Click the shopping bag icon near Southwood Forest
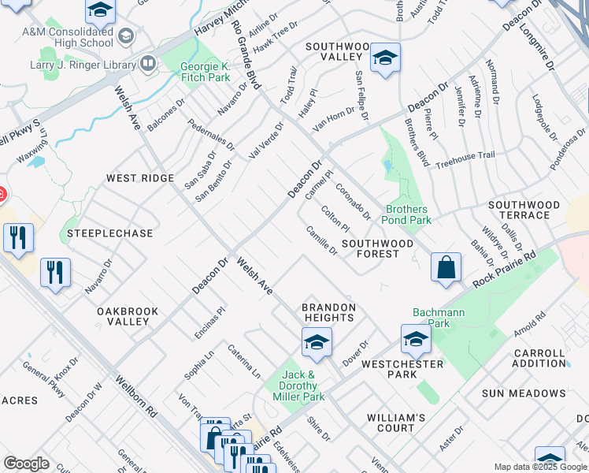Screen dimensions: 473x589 tap(446, 267)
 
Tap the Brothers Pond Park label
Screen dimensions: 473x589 tap(407, 215)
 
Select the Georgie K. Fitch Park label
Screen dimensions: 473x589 tap(205, 73)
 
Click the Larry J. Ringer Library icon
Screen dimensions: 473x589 tap(148, 62)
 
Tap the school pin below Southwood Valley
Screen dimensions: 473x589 tap(385, 58)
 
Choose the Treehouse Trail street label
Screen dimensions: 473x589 tap(465, 156)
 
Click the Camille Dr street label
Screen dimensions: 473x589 tap(322, 240)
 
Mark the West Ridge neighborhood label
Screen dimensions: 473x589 tap(140, 178)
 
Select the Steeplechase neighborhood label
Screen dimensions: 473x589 tap(98, 233)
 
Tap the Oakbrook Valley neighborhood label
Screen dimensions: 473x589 tap(123, 316)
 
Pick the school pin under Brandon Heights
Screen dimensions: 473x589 tap(317, 343)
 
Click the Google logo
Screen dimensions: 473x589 tap(26, 464)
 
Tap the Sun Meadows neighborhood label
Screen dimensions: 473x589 tap(524, 393)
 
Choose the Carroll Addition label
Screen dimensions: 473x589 tap(539, 358)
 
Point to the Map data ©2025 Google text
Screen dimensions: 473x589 tap(540, 467)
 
